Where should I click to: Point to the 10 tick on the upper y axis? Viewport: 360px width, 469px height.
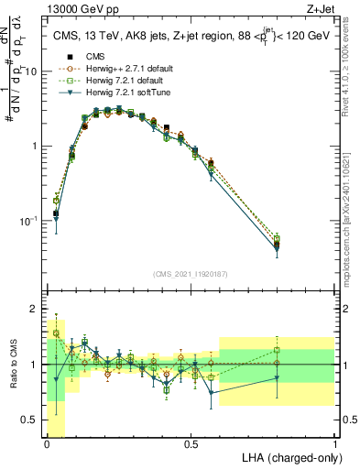(33, 71)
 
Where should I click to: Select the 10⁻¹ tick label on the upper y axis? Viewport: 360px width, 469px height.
(30, 222)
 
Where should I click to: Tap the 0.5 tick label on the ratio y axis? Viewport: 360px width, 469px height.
(30, 420)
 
